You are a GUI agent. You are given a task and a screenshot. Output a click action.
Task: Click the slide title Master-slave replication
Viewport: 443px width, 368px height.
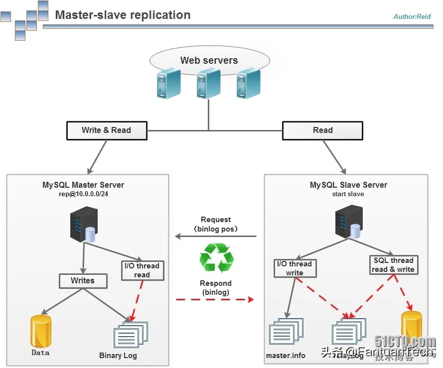(x=123, y=15)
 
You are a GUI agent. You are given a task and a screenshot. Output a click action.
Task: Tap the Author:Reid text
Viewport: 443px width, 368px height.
(x=412, y=16)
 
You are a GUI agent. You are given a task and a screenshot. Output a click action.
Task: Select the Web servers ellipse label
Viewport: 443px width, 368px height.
(x=209, y=60)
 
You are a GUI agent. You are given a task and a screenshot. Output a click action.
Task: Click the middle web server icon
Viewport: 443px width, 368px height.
(x=208, y=84)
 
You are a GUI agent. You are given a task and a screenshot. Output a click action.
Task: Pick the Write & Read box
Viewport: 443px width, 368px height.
(x=106, y=130)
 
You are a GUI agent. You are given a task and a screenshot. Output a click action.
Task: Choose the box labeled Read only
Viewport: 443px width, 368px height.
(x=322, y=130)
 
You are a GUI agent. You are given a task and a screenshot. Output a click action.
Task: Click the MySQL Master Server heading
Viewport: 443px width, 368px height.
(x=83, y=185)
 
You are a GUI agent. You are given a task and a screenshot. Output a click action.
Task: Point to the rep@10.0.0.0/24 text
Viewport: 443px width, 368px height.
(x=83, y=194)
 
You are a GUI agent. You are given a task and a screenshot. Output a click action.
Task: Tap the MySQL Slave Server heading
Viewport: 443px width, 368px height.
(x=348, y=185)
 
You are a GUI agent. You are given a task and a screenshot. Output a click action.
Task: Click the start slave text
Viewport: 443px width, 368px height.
(x=348, y=194)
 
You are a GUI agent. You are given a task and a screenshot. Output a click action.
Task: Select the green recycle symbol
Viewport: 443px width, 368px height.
(x=216, y=258)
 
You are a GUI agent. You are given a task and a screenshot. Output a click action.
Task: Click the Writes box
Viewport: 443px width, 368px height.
(x=83, y=281)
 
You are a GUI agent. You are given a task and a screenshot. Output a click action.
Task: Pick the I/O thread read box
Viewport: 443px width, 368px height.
(x=142, y=270)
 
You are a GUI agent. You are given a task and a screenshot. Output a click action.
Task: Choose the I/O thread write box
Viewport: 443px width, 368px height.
(x=295, y=268)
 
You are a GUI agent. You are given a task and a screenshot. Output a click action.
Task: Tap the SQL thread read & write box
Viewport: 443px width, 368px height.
(x=393, y=265)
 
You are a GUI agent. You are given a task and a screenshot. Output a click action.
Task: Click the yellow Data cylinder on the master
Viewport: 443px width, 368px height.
(x=40, y=331)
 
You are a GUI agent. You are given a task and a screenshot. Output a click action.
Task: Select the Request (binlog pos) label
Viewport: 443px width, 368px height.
(x=216, y=224)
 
